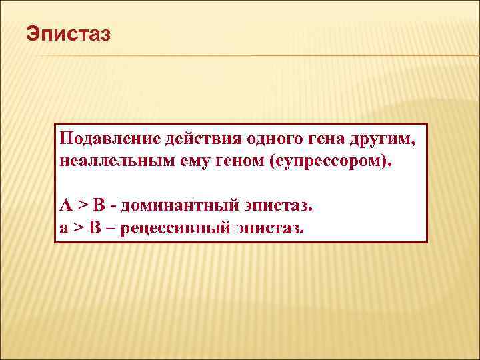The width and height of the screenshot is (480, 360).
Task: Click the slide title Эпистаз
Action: [66, 33]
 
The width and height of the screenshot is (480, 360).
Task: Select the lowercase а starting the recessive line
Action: [63, 228]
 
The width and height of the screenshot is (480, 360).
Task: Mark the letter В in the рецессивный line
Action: [95, 228]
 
